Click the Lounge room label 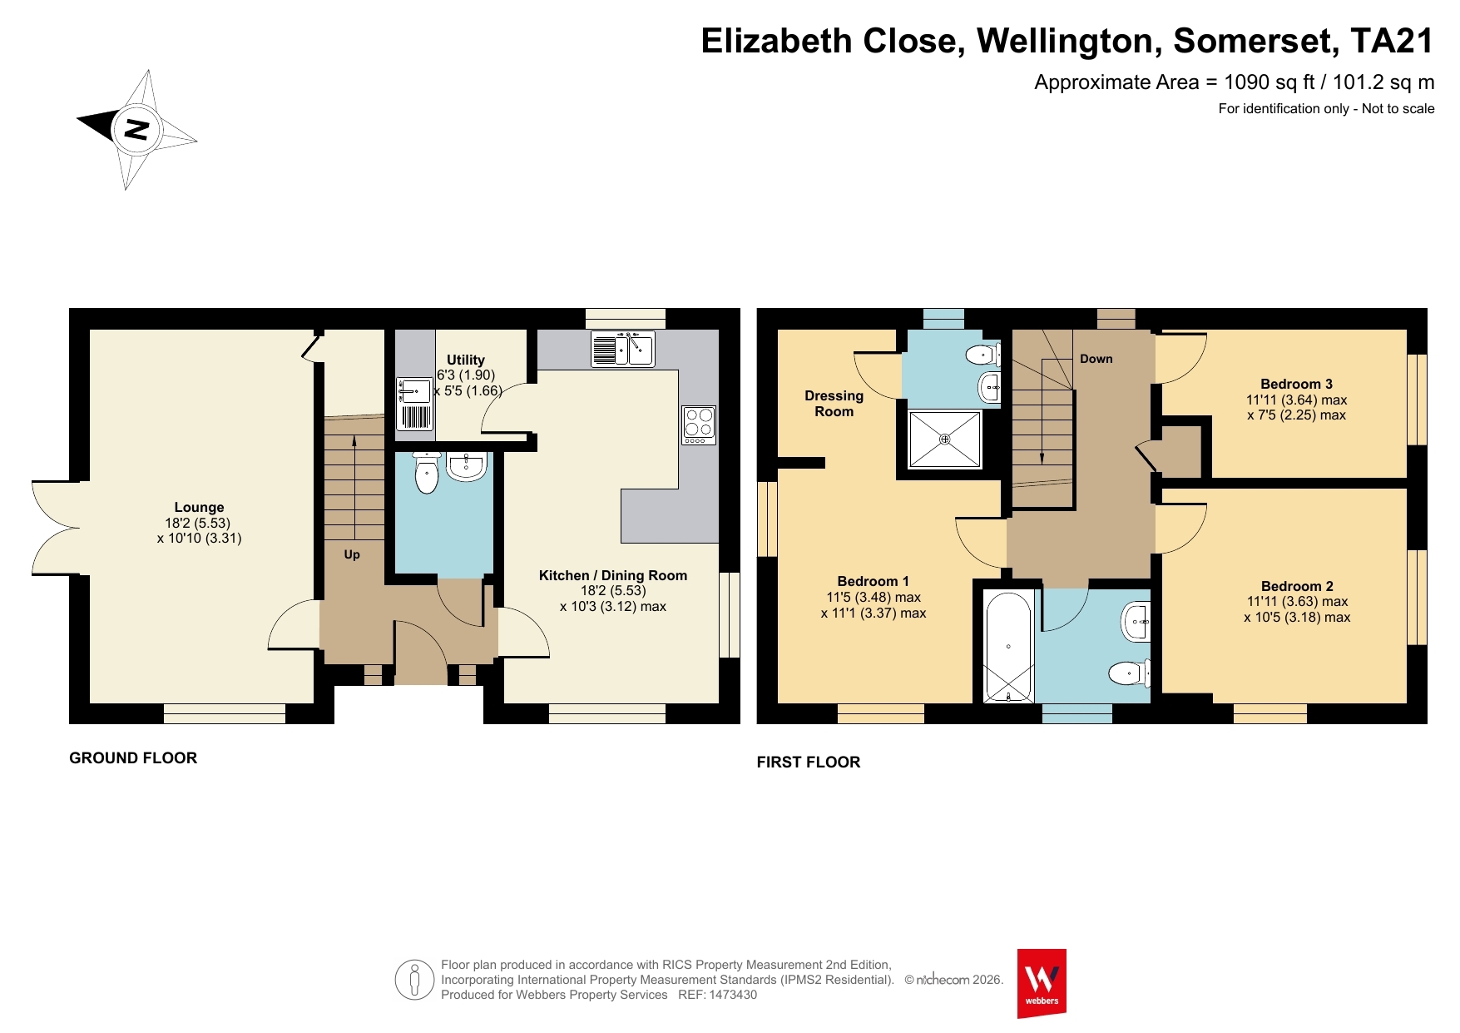199,507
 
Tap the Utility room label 466,360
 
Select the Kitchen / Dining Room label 613,575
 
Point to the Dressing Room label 834,404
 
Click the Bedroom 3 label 1296,384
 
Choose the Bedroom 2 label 1297,586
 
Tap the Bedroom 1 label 873,581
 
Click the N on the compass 136,129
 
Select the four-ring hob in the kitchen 699,425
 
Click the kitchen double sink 623,349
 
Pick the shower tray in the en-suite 944,440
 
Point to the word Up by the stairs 352,554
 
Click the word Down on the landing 1096,359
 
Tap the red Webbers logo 1042,983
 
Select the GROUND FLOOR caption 133,758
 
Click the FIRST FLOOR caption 809,762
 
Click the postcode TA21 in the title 1392,41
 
